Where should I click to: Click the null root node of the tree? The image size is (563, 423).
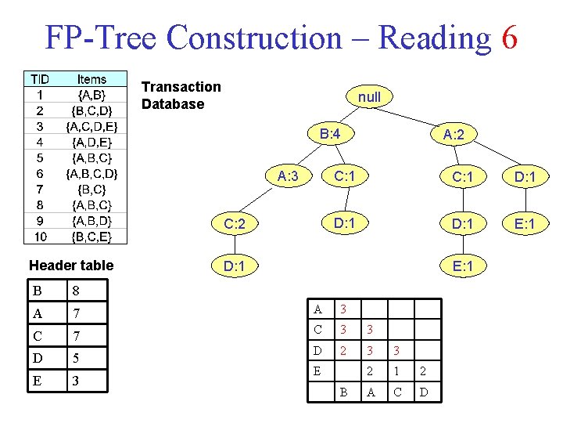[x=369, y=97]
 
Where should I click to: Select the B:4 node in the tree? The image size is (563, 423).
[x=330, y=134]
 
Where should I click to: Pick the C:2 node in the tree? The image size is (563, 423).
[x=235, y=226]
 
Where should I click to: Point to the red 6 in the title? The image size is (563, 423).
[x=509, y=37]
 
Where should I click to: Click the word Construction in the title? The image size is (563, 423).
[x=254, y=37]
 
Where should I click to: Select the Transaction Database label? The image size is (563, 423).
[x=181, y=95]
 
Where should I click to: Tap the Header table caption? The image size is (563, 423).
[x=71, y=265]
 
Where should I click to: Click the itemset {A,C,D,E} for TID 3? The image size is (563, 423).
[x=91, y=126]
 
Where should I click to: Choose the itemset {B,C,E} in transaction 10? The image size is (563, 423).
[x=91, y=237]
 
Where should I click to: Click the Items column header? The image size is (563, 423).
[x=91, y=79]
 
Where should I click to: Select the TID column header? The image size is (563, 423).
[x=40, y=79]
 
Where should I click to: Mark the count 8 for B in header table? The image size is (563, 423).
[x=76, y=291]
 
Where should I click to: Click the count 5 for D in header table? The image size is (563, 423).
[x=76, y=359]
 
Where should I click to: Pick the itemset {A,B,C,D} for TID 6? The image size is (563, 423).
[x=91, y=173]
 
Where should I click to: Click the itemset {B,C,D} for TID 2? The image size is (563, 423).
[x=91, y=110]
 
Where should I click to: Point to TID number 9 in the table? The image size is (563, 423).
[x=40, y=221]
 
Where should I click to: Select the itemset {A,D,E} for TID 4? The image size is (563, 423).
[x=91, y=142]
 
